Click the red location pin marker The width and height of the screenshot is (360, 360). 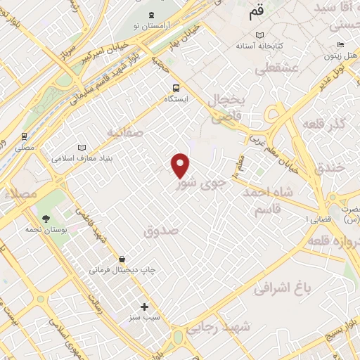181,165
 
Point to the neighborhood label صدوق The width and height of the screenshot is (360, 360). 162,230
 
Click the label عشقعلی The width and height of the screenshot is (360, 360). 275,69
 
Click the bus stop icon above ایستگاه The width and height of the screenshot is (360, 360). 176,89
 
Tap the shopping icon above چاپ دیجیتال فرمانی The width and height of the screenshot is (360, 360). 123,258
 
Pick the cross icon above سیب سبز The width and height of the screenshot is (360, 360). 145,307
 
